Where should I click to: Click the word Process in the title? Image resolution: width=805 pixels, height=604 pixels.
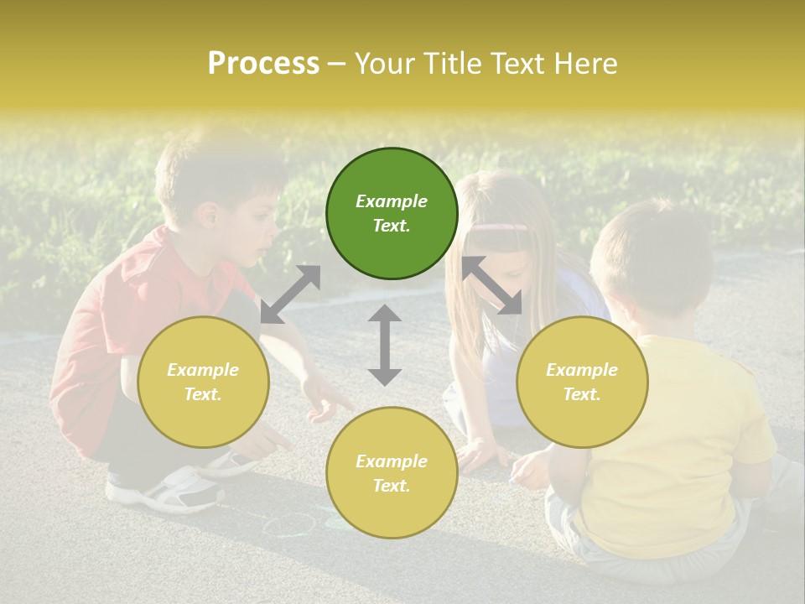pyautogui.click(x=263, y=64)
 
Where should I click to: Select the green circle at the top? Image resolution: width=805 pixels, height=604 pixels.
pyautogui.click(x=392, y=213)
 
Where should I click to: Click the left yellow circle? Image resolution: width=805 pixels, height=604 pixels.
pyautogui.click(x=203, y=382)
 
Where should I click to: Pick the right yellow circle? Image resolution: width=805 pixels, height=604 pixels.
pyautogui.click(x=581, y=382)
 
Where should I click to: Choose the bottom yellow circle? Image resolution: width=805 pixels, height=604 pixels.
pyautogui.click(x=392, y=473)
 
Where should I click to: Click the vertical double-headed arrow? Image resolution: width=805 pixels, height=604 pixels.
pyautogui.click(x=385, y=345)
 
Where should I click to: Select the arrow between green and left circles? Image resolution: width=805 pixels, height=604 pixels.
pyautogui.click(x=290, y=294)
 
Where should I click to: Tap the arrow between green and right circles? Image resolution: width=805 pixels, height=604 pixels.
pyautogui.click(x=491, y=285)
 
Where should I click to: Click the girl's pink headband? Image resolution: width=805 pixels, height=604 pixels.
pyautogui.click(x=501, y=226)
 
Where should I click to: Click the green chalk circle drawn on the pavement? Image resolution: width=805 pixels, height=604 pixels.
pyautogui.click(x=288, y=525)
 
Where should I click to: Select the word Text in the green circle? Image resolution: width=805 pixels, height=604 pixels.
pyautogui.click(x=392, y=226)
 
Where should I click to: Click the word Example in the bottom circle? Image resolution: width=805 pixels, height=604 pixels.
pyautogui.click(x=392, y=461)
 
